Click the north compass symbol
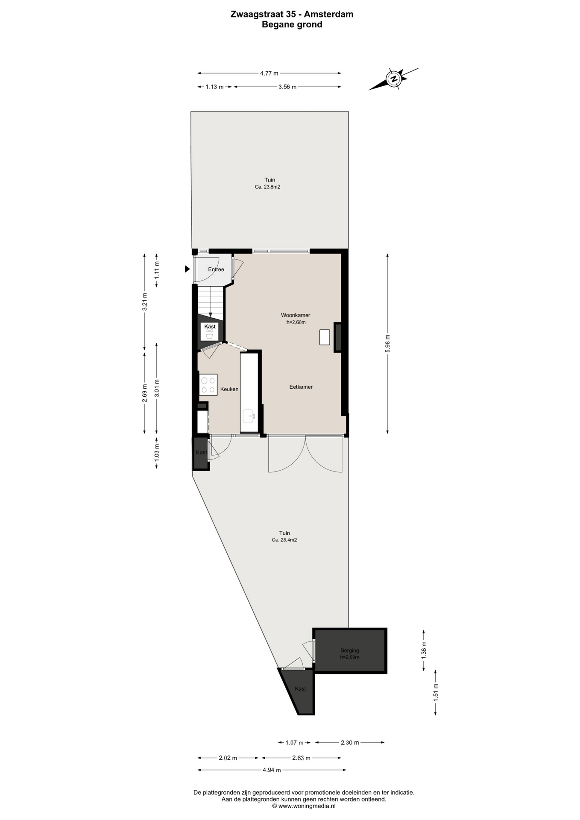click(x=393, y=79)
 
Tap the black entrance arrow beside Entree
click(x=187, y=269)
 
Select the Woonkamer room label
click(x=296, y=315)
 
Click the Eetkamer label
click(x=301, y=387)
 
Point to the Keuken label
click(x=229, y=389)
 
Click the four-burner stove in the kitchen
click(x=208, y=385)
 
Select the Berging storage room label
click(x=350, y=650)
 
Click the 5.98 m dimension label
click(x=387, y=343)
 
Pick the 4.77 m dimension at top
click(x=269, y=73)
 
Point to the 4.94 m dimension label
click(x=272, y=770)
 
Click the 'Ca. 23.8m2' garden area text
click(x=268, y=187)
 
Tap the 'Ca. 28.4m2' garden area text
click(x=284, y=540)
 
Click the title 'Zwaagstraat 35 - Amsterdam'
click(x=292, y=14)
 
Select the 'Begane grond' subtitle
click(x=292, y=24)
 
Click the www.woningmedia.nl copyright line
click(x=304, y=806)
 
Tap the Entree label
click(x=216, y=269)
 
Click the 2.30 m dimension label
click(x=350, y=743)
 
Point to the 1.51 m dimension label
click(x=436, y=693)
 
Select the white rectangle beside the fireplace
click(x=325, y=337)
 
